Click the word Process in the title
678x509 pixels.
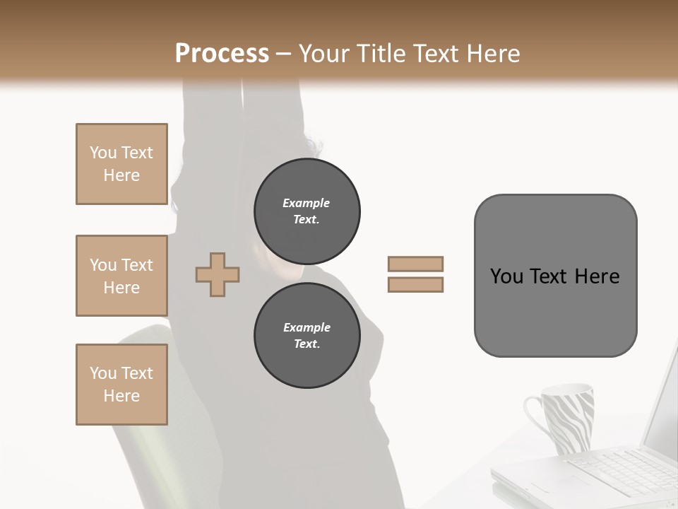coord(222,54)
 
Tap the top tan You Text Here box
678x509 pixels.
coord(121,164)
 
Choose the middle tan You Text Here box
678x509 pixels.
coord(121,276)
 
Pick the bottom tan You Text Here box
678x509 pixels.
coord(121,384)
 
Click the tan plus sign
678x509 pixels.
coord(218,274)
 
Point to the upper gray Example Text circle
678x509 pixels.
coord(307,211)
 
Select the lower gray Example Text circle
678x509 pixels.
coord(307,336)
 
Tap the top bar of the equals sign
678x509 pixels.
coord(416,264)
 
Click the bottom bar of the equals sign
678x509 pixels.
coord(416,285)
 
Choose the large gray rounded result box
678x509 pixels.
coord(555,276)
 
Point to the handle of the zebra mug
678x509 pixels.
coord(533,417)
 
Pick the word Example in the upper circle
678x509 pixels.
coord(307,204)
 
